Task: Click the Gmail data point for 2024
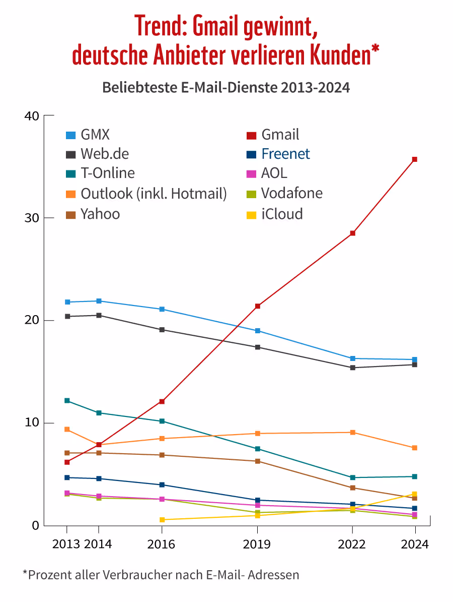coord(415,159)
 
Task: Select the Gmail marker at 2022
coord(352,233)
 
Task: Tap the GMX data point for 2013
coord(67,302)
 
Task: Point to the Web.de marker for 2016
coord(162,330)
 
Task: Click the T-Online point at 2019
coord(257,449)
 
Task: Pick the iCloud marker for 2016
coord(162,519)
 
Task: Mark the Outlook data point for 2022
coord(352,433)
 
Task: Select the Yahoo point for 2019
coord(257,461)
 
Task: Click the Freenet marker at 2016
coord(162,485)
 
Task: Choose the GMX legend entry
coord(95,135)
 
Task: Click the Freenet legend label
coord(285,154)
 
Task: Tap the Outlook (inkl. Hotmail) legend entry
coord(154,193)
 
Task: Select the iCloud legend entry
coord(282,214)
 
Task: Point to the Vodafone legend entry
coord(291,193)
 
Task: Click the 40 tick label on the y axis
coord(31,115)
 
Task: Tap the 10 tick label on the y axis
coord(31,423)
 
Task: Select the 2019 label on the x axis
coord(257,545)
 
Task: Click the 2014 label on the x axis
coord(99,545)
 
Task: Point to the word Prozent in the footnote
coord(48,574)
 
